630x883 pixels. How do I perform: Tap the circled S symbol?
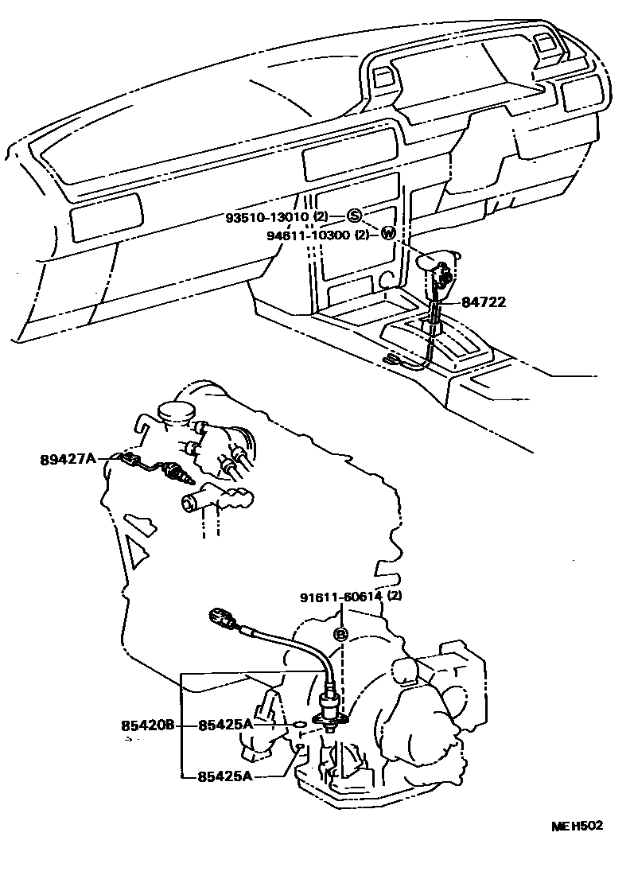point(355,216)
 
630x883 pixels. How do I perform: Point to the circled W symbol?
point(387,234)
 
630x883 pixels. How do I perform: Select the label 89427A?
point(68,458)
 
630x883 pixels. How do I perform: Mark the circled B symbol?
point(340,634)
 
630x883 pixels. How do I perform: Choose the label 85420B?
point(148,725)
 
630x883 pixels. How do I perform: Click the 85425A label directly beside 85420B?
point(225,725)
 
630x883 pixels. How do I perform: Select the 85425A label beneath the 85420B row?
point(225,776)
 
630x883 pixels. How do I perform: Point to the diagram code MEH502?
point(577,826)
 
